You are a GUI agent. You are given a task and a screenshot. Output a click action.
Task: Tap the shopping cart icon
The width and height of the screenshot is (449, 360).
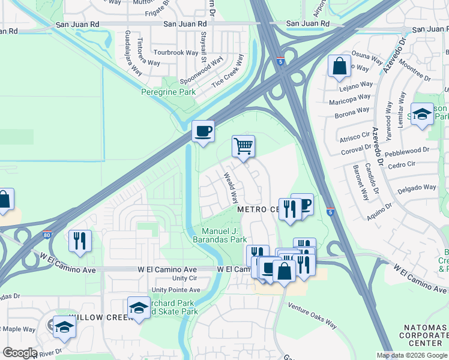point(243,146)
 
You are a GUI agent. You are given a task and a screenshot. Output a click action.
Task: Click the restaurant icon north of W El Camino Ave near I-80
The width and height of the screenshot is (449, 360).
point(80,241)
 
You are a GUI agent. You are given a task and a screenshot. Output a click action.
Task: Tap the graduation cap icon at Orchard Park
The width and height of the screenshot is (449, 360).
point(139,308)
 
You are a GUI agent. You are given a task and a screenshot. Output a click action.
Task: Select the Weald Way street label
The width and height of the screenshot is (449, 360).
point(231,188)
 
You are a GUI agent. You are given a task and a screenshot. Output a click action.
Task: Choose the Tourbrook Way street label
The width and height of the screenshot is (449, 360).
point(175,53)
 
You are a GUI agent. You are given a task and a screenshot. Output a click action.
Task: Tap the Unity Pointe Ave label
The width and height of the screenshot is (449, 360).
point(175,290)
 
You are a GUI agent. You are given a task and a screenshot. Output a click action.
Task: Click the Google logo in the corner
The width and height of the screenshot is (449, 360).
point(20,353)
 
